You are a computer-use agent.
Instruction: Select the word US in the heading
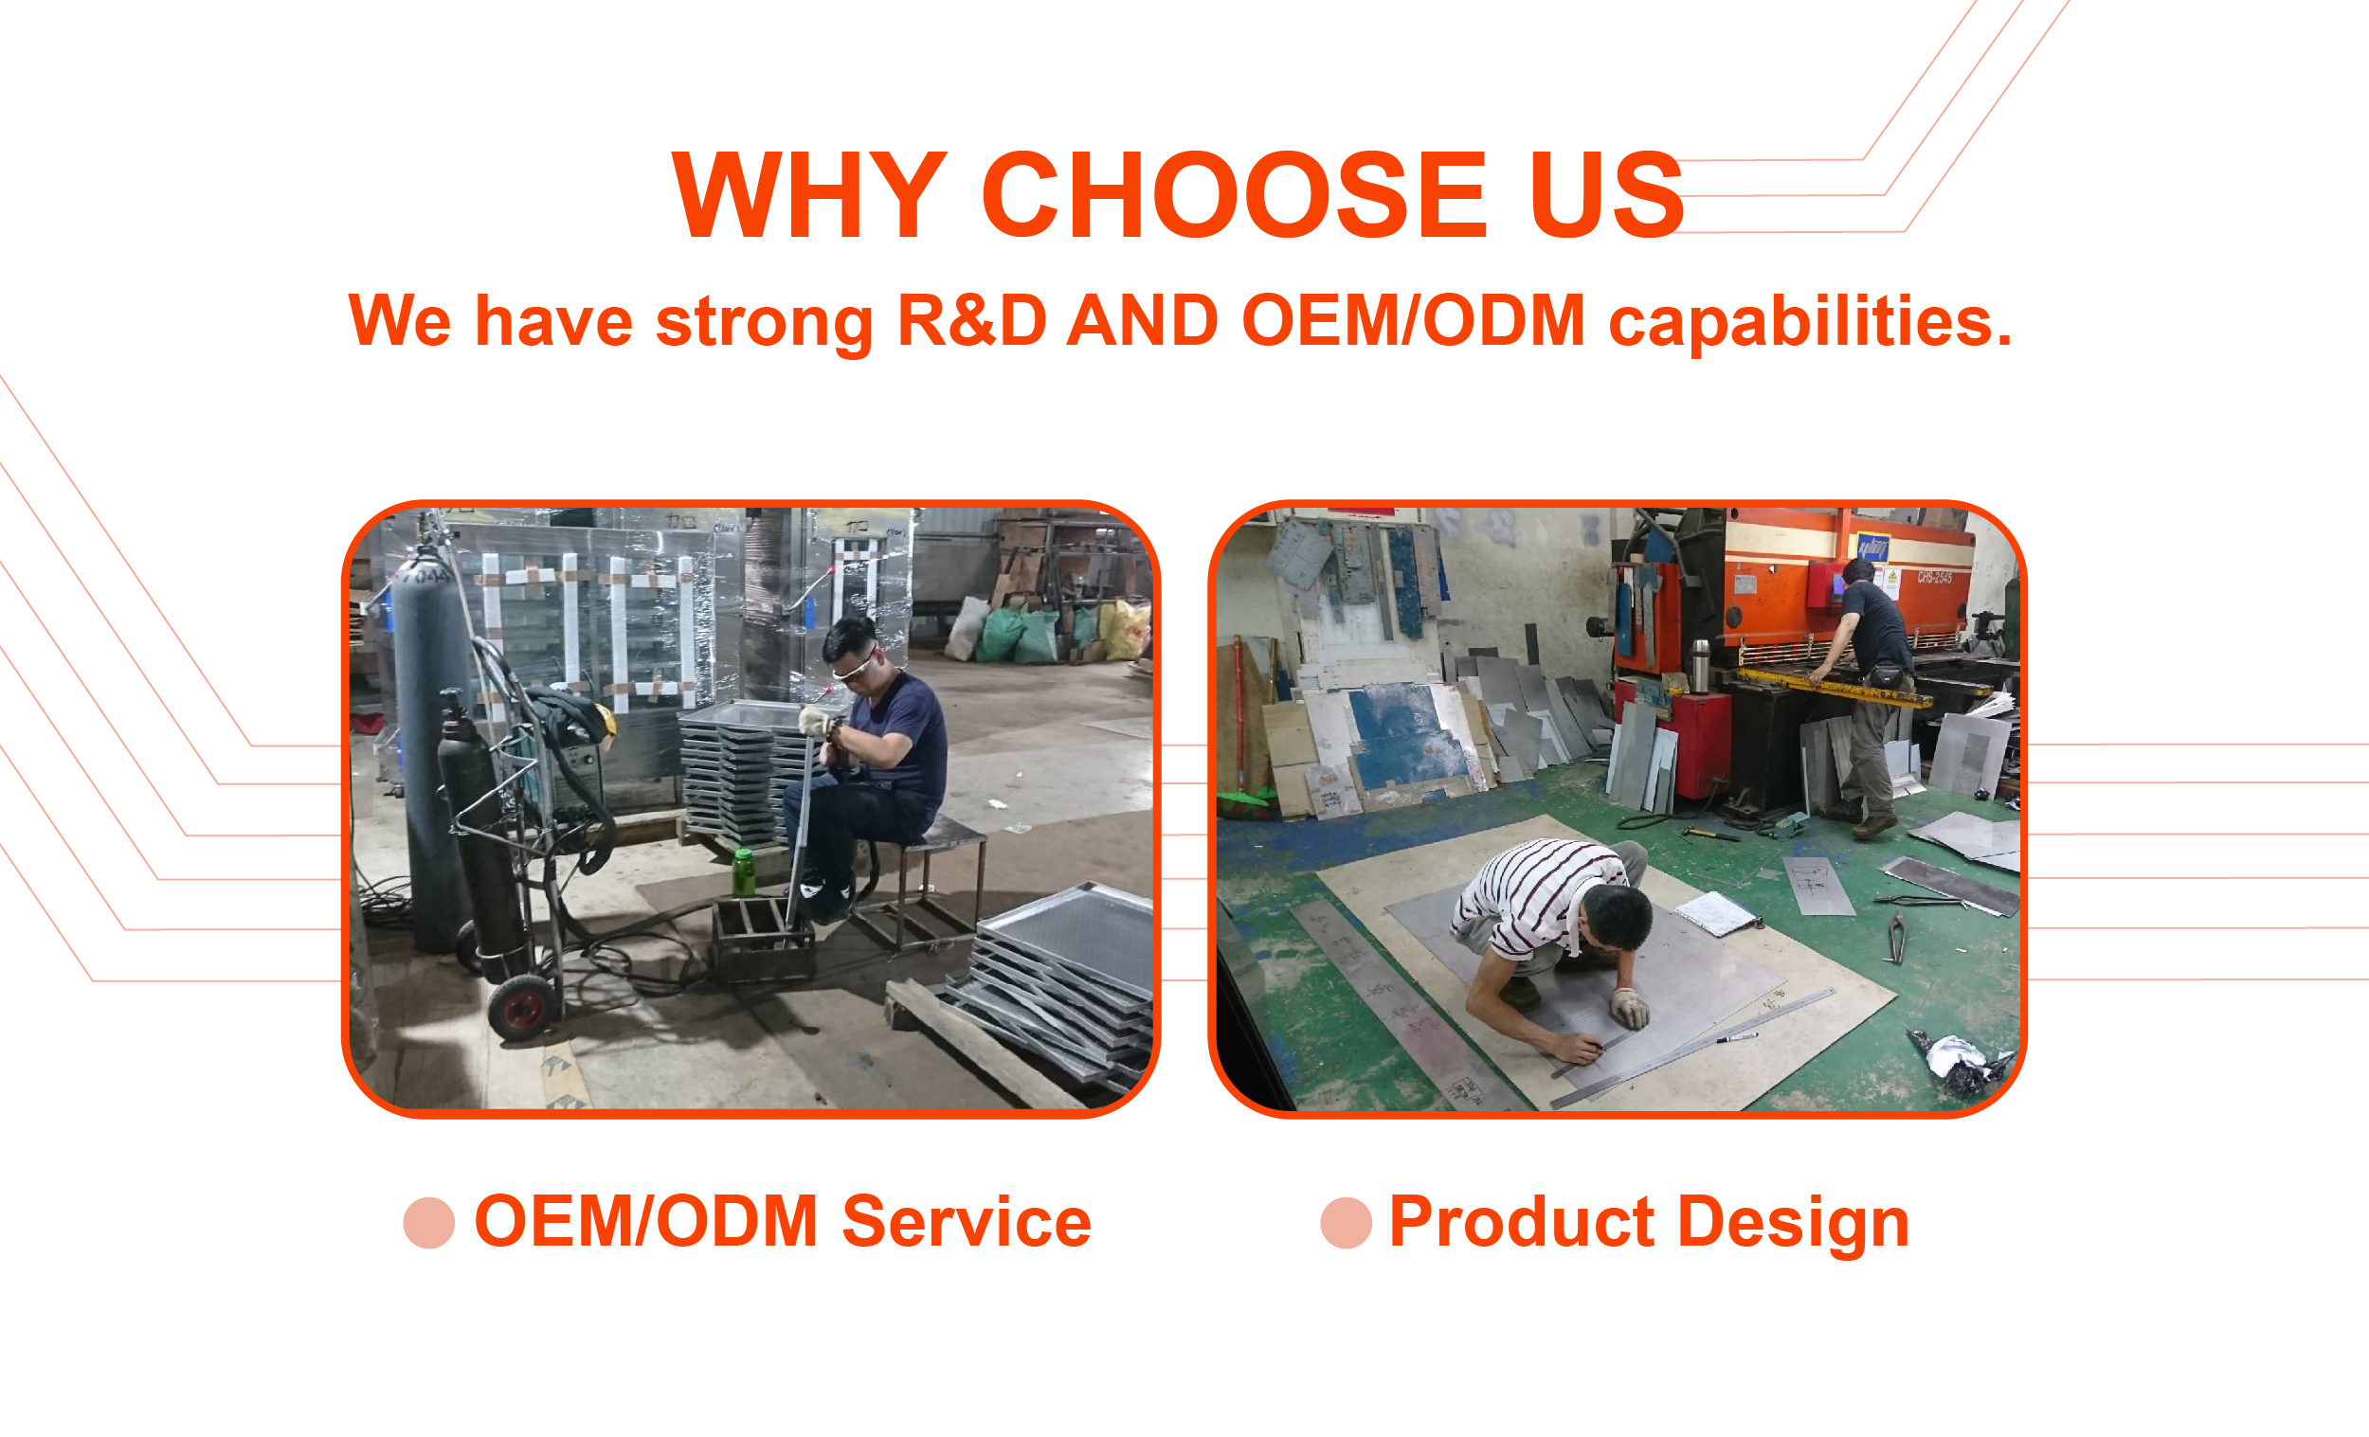tap(1606, 195)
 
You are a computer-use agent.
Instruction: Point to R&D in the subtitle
tap(971, 320)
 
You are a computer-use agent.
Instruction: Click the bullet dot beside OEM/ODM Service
tap(429, 1223)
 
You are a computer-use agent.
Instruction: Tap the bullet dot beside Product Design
tap(1346, 1223)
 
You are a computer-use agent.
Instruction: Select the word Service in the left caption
tap(967, 1222)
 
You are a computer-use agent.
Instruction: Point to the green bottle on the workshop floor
tap(742, 871)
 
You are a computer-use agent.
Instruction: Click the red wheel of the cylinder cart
tap(523, 1008)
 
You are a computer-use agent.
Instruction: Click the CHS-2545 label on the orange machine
tap(1934, 578)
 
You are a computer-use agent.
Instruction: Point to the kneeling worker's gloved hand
tap(1630, 1008)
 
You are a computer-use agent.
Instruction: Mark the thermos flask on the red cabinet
tap(1700, 666)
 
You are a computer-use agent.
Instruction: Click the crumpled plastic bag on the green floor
tap(1957, 1062)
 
